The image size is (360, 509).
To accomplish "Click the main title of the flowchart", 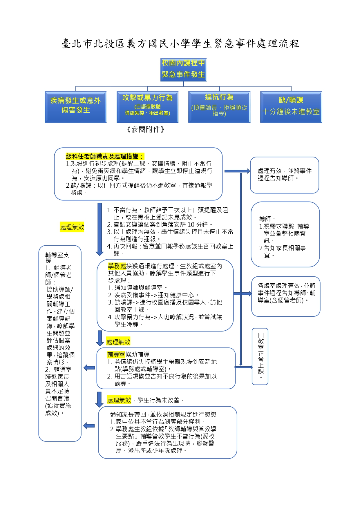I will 180,44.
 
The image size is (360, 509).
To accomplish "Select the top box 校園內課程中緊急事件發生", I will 183,69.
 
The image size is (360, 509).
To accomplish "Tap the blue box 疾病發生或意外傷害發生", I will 75,107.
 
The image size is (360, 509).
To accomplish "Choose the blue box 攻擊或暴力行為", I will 147,107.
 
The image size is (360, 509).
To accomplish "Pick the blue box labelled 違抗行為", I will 219,107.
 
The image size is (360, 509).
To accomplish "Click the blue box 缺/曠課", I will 291,107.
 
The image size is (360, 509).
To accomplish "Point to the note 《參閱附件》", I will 146,129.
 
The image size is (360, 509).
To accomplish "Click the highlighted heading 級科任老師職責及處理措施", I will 105,156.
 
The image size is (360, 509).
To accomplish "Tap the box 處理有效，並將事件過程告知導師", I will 284,175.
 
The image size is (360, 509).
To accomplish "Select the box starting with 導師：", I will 285,234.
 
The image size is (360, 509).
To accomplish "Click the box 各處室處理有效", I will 286,296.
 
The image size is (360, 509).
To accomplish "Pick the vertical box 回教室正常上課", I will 260,356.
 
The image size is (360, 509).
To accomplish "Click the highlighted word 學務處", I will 117,266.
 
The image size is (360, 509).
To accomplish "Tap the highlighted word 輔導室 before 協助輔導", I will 116,354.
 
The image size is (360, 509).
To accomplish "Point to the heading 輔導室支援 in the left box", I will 57,258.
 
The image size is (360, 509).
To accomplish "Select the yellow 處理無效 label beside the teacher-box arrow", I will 72,227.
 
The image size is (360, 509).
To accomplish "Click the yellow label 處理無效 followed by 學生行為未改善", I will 119,400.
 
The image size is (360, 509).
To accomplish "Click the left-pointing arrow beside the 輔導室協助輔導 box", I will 89,368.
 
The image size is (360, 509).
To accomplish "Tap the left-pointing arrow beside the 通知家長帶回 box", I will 89,426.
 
